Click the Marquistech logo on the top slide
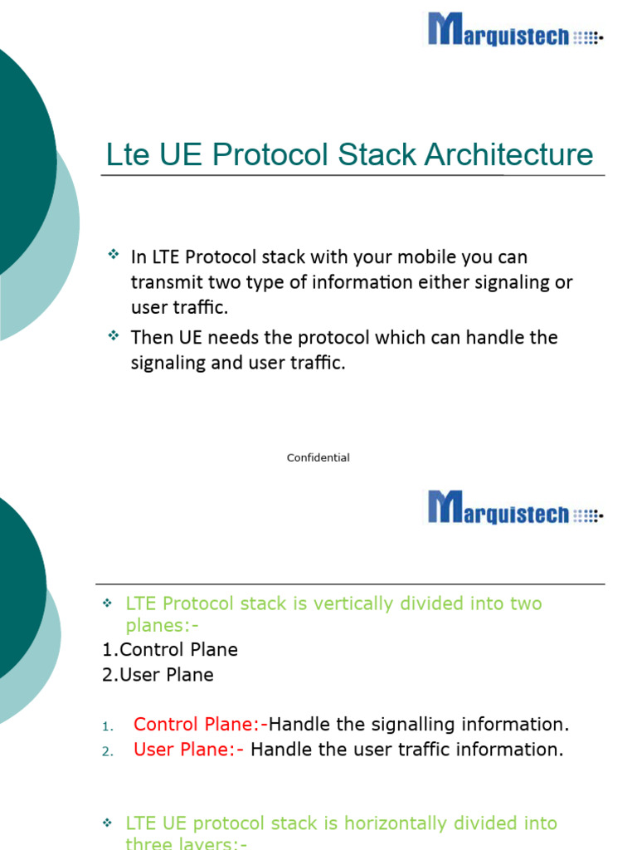pos(515,30)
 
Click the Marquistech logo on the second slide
pos(515,508)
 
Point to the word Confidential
pos(318,458)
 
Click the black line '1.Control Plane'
pos(170,650)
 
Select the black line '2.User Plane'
pos(158,675)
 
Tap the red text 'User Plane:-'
pos(189,750)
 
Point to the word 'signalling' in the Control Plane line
pos(399,725)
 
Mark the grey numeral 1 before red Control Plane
pos(106,727)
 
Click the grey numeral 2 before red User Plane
pos(106,752)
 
